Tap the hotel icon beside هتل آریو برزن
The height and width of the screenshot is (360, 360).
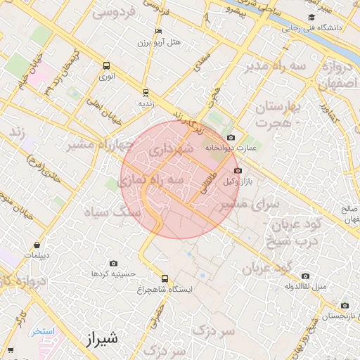click(158, 32)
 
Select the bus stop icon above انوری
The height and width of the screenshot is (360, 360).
click(106, 65)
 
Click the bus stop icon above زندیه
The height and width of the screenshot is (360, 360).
click(146, 92)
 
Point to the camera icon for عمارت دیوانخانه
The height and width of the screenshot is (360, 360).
click(231, 138)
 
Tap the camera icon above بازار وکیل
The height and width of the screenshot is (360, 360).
click(237, 171)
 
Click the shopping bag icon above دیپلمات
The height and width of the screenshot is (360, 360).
click(37, 245)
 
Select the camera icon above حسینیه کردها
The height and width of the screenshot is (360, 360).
click(113, 263)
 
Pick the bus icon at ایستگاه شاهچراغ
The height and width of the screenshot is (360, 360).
click(165, 278)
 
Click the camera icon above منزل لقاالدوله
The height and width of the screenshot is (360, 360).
click(304, 276)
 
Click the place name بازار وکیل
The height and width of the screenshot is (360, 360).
click(236, 181)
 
